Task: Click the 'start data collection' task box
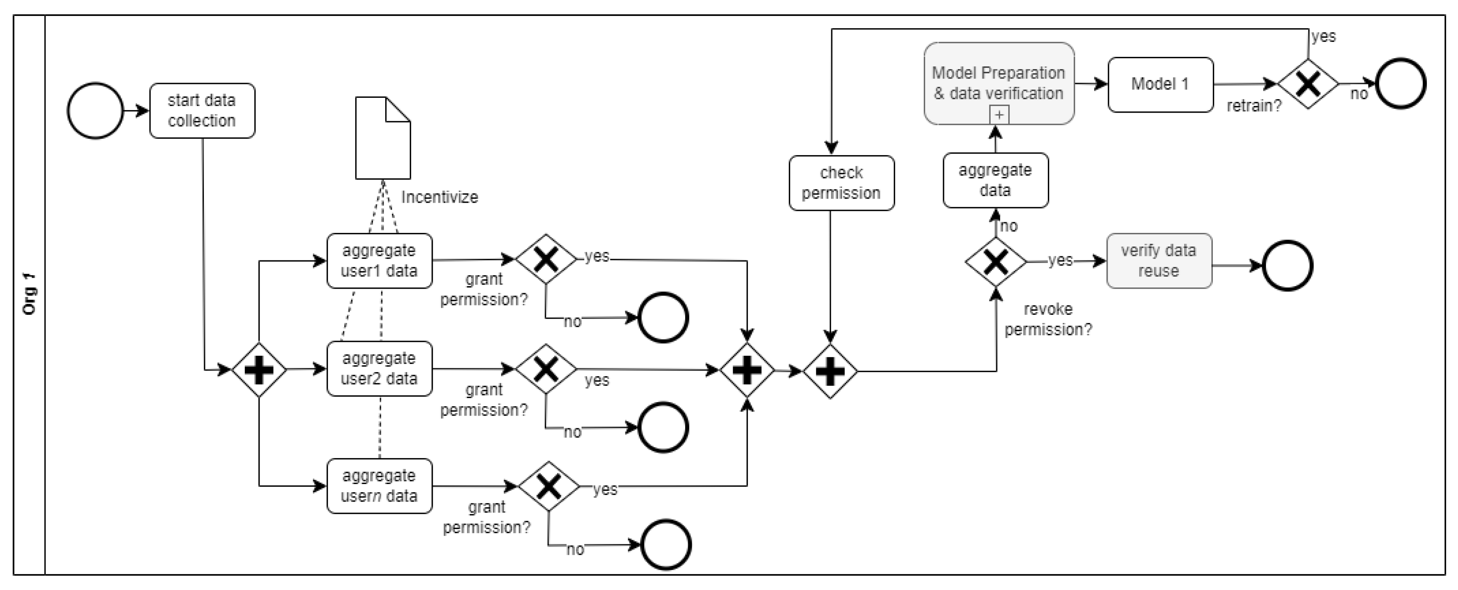click(x=202, y=111)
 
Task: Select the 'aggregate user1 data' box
click(x=379, y=260)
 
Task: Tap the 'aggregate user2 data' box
click(x=379, y=368)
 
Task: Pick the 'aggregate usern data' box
click(x=379, y=486)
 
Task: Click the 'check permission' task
click(x=842, y=183)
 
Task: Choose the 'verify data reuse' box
click(x=1159, y=260)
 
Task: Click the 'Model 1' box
click(x=1160, y=84)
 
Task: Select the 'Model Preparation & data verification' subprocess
click(x=999, y=83)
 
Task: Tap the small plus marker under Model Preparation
click(x=1000, y=115)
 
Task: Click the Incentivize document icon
click(x=383, y=138)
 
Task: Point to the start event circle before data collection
click(x=95, y=111)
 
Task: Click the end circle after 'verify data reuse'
click(x=1288, y=266)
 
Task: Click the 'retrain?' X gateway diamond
click(x=1308, y=84)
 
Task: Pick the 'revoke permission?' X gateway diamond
click(x=995, y=262)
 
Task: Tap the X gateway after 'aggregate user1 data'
click(x=546, y=259)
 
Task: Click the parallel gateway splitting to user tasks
click(x=259, y=370)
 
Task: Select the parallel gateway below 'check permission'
click(x=831, y=371)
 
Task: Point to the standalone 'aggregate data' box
click(x=995, y=180)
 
